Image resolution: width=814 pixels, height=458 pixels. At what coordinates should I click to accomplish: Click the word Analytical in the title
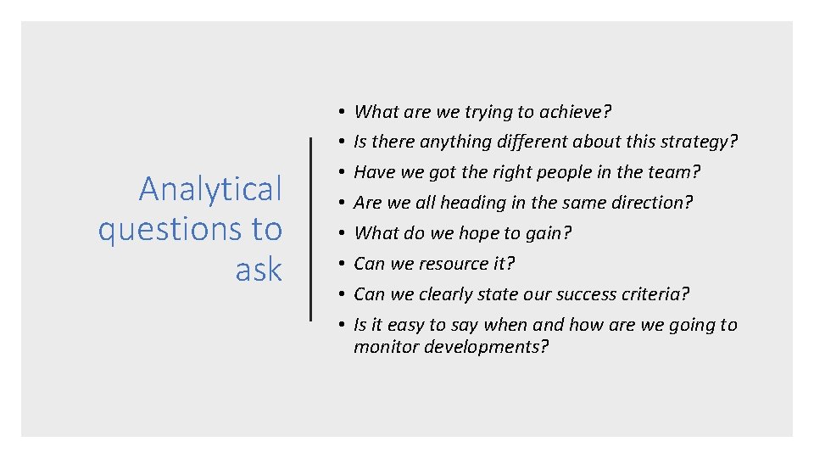pos(210,189)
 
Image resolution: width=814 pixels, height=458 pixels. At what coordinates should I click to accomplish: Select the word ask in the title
pos(259,270)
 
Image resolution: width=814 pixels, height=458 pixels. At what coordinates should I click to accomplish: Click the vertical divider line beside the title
pos(311,229)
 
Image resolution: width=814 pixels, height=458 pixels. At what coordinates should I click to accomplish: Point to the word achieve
pos(577,111)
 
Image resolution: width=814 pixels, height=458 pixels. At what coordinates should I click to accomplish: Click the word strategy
pos(698,142)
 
